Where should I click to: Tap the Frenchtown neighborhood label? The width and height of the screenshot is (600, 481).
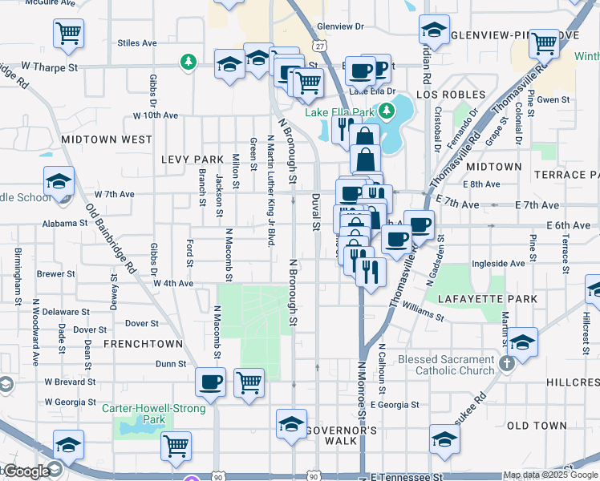click(x=143, y=344)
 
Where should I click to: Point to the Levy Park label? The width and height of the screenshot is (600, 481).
click(x=192, y=160)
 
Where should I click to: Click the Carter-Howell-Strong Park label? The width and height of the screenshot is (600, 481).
click(x=154, y=414)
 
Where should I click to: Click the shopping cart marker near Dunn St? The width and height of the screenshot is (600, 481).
click(x=249, y=382)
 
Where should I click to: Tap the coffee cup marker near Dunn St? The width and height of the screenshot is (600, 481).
click(x=210, y=382)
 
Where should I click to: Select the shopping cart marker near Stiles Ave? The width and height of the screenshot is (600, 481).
click(x=69, y=33)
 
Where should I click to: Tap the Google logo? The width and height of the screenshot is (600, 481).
click(x=26, y=472)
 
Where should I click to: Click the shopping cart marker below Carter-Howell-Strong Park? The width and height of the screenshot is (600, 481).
click(x=176, y=446)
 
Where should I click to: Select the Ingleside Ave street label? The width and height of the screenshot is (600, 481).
click(x=498, y=263)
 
